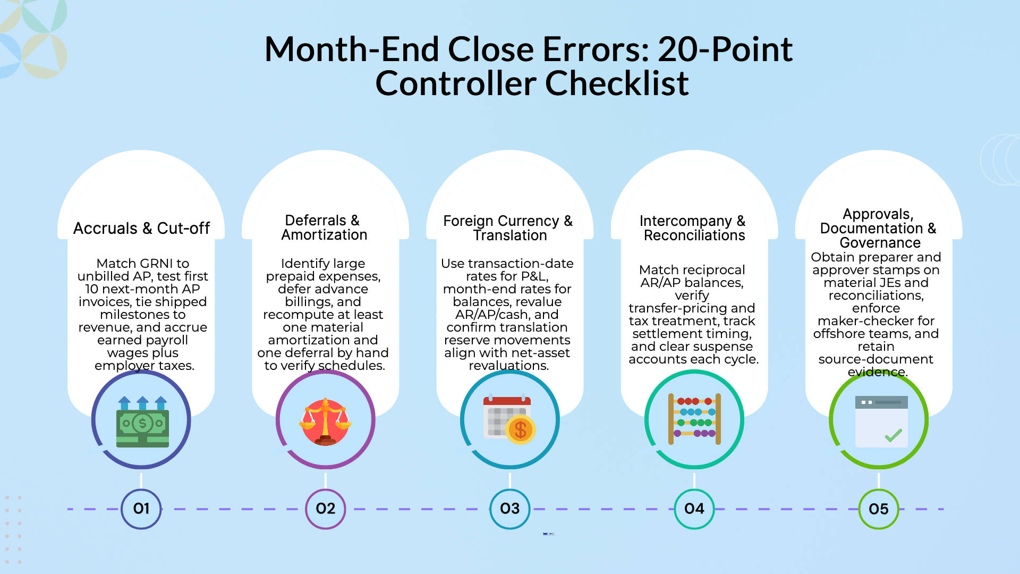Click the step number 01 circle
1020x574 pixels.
tap(141, 509)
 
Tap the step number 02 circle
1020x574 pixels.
tap(326, 509)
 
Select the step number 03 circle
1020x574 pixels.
tap(510, 509)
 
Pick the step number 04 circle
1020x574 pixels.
tap(694, 509)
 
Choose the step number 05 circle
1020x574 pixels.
tap(879, 509)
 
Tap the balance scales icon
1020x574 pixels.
tap(325, 421)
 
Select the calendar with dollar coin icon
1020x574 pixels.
tap(509, 420)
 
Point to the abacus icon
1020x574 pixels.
tap(694, 419)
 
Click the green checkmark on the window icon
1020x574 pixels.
tap(894, 436)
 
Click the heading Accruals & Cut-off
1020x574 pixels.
tap(141, 228)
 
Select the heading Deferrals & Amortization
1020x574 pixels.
tap(324, 227)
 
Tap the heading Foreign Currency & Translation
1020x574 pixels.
tap(508, 228)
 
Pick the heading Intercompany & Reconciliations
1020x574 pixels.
tap(693, 228)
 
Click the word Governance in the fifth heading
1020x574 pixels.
tap(880, 243)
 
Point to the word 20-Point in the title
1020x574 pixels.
tap(725, 49)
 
